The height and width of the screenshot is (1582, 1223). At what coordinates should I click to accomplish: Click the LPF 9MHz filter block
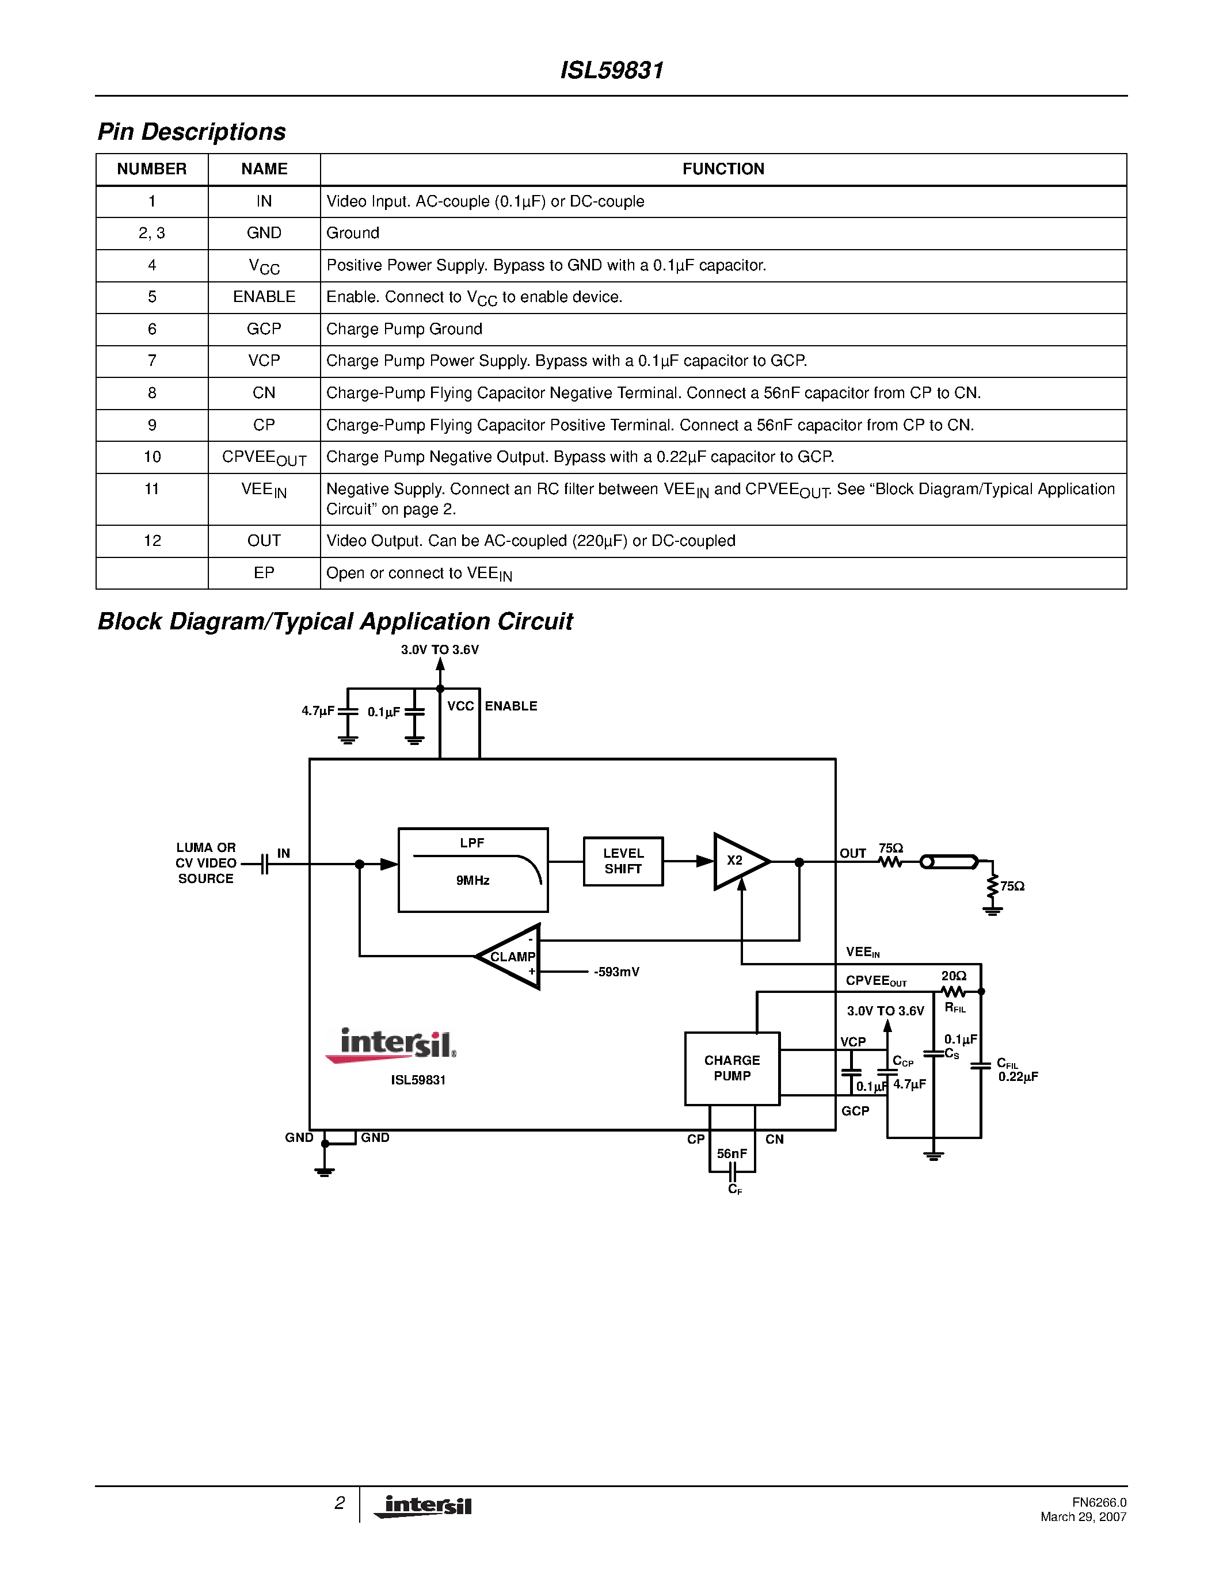(473, 869)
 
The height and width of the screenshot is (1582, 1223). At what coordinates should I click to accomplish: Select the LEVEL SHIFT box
(623, 861)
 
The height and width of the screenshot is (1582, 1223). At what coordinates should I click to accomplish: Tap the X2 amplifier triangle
(738, 861)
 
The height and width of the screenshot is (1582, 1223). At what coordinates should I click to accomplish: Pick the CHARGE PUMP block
(731, 1068)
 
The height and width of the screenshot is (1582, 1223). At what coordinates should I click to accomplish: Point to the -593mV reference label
(616, 972)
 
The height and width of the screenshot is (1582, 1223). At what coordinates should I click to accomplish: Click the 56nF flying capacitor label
(731, 1153)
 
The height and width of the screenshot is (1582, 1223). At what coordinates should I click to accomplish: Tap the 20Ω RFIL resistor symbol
(954, 991)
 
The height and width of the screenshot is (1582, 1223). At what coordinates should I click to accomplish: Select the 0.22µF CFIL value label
(1018, 1077)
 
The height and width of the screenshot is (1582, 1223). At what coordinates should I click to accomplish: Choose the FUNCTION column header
(723, 169)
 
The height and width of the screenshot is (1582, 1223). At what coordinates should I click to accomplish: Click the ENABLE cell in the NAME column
(264, 297)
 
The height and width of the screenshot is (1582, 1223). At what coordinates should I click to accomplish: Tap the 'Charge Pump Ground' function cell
(403, 329)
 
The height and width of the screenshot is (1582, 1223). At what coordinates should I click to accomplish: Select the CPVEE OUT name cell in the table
(264, 458)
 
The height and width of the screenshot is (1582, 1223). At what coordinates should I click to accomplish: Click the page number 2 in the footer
(339, 1503)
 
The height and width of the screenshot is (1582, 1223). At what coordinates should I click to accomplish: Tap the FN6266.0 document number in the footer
(1099, 1502)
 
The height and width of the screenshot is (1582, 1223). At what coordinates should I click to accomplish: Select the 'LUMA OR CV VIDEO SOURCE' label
(206, 863)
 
